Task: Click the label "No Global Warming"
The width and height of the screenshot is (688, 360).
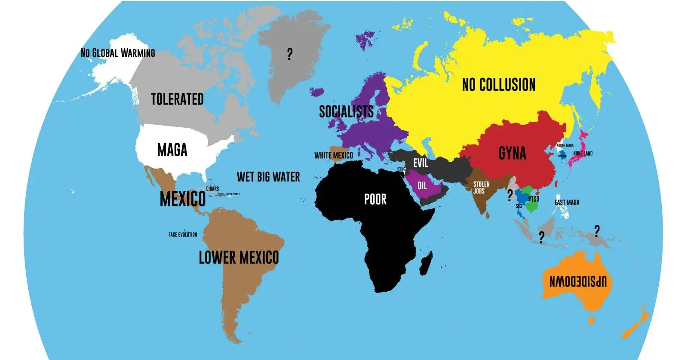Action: (118, 53)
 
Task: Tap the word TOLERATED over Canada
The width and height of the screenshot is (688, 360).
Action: (177, 99)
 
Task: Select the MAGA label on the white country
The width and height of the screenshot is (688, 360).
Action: (172, 150)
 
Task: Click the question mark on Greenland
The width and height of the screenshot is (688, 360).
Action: (289, 54)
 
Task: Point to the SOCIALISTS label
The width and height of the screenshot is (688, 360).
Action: (346, 112)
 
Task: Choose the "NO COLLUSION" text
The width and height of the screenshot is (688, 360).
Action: (498, 85)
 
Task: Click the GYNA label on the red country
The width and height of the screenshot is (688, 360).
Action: (512, 153)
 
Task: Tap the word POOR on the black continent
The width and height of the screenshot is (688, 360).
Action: (375, 199)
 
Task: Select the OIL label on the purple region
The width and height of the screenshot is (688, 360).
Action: (422, 185)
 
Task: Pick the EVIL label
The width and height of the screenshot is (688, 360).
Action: (421, 163)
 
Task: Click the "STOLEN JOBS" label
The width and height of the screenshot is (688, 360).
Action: (481, 188)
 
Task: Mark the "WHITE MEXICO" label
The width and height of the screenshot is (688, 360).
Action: (333, 155)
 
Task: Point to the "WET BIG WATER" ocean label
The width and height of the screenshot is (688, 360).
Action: (268, 177)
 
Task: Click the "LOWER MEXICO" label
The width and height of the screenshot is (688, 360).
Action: (239, 258)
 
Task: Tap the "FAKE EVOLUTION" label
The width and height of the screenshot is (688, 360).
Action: (183, 235)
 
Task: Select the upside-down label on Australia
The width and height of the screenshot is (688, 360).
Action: (578, 281)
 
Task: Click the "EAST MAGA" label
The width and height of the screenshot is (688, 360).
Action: (567, 203)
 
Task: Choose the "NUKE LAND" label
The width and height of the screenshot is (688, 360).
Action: (583, 154)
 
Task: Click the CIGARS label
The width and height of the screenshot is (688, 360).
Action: (212, 189)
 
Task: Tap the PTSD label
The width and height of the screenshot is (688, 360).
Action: (534, 199)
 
